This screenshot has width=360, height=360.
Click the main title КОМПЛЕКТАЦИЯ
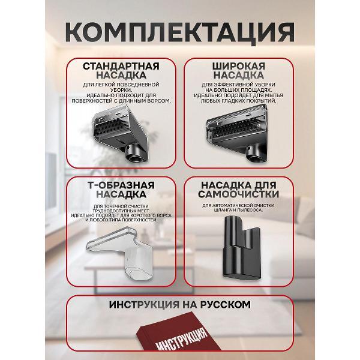point(179,29)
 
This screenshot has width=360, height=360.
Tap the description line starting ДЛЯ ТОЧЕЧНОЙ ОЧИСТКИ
point(123,205)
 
